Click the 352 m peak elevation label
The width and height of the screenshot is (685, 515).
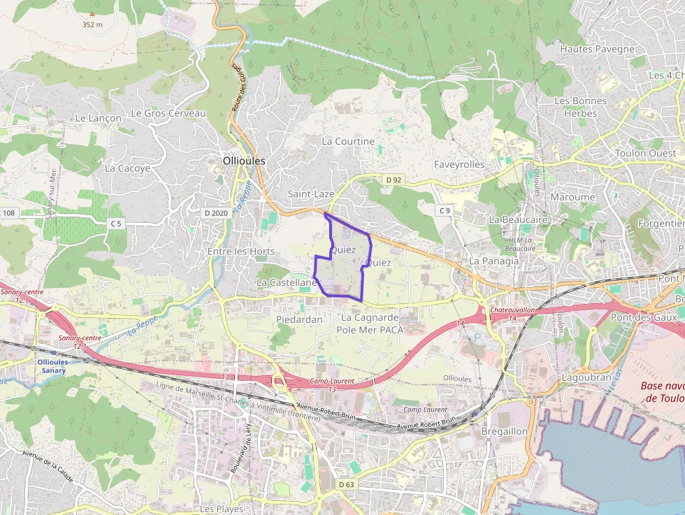(92, 24)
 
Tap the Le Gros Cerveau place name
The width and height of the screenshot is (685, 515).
(168, 113)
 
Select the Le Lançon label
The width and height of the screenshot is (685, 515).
(98, 118)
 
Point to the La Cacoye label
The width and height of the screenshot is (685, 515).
(127, 168)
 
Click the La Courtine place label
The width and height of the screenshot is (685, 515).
(348, 141)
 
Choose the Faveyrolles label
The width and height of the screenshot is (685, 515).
(459, 164)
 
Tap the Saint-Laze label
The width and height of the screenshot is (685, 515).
(311, 194)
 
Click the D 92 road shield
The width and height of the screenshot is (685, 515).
(394, 180)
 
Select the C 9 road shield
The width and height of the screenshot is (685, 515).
(445, 210)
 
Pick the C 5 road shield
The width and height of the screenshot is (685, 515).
(115, 224)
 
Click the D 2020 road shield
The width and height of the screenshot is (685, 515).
(216, 212)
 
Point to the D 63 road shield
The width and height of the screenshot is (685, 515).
(346, 484)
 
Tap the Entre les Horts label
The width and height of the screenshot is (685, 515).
(241, 252)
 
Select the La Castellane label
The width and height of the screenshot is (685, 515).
(287, 282)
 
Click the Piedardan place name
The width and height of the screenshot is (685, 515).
(299, 319)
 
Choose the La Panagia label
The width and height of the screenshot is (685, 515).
(494, 261)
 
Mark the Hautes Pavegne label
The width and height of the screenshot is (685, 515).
(597, 49)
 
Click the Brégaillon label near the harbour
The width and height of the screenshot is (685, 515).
(505, 431)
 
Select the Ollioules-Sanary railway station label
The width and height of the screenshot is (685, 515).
(52, 365)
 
